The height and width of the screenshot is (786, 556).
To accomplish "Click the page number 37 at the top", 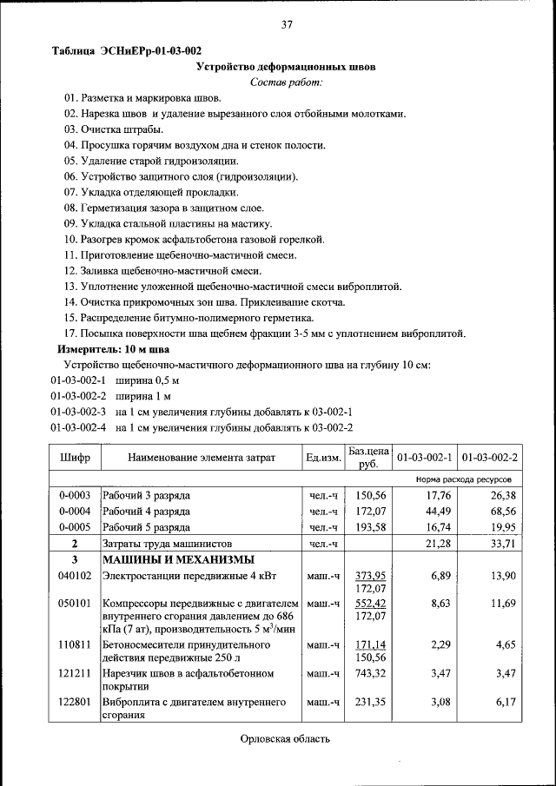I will click(286, 24).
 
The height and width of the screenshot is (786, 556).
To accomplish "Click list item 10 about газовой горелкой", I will click(194, 239).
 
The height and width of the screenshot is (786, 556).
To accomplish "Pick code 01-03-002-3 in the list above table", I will click(77, 412).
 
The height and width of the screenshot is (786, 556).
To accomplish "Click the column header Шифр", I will click(75, 457).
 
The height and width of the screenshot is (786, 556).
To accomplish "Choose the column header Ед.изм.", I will click(322, 457).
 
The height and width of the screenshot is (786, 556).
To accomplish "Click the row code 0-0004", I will click(75, 512).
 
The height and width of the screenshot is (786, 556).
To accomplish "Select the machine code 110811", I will click(75, 646).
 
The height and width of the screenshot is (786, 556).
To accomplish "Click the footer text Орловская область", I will click(286, 739).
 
